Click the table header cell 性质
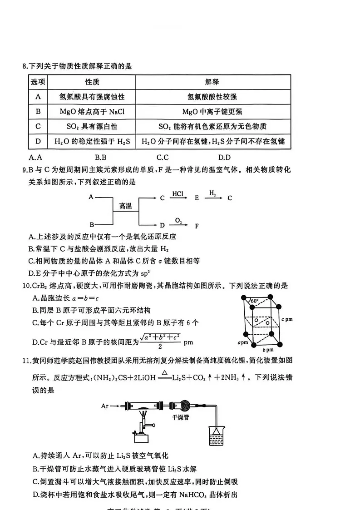pyautogui.click(x=92, y=82)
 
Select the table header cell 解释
pyautogui.click(x=212, y=82)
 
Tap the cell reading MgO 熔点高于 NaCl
pyautogui.click(x=92, y=112)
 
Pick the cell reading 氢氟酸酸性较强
pyautogui.click(x=212, y=97)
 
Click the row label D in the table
pyautogui.click(x=38, y=142)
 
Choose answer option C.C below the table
pyautogui.click(x=163, y=158)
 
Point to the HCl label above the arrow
pyautogui.click(x=178, y=193)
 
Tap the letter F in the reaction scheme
pyautogui.click(x=197, y=225)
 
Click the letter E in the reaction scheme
pyautogui.click(x=197, y=198)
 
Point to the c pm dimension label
pyautogui.click(x=286, y=319)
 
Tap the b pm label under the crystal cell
pyautogui.click(x=267, y=351)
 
